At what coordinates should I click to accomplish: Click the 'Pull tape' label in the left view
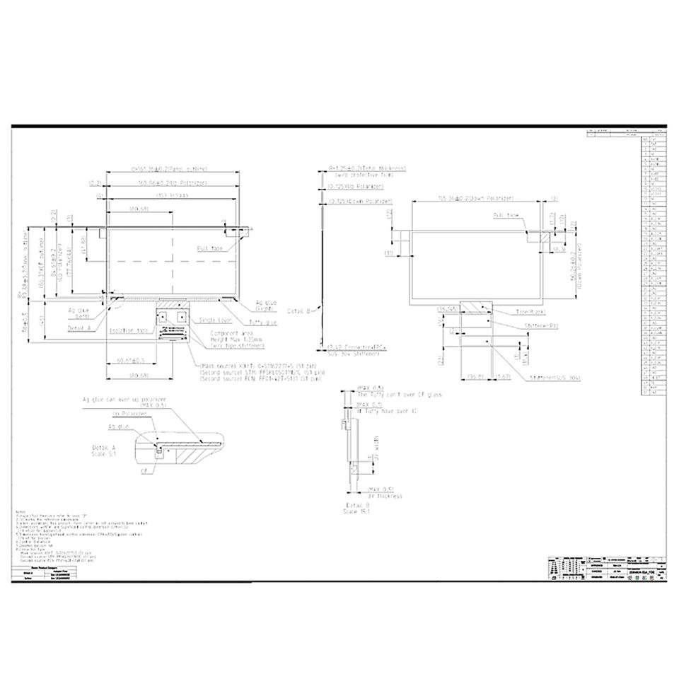[x=210, y=248]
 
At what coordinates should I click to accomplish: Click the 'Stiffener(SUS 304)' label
[x=555, y=378]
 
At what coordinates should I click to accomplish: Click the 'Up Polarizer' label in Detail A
[x=125, y=414]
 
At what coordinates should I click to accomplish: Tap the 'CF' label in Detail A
[x=144, y=469]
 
